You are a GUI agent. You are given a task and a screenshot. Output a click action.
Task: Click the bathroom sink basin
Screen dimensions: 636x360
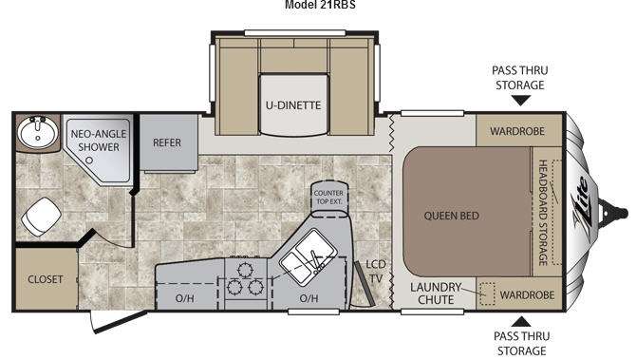pos(37,132)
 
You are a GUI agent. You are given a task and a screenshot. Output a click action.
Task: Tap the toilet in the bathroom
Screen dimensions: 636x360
pos(41,217)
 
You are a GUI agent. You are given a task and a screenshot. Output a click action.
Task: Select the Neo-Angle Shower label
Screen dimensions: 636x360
pos(99,141)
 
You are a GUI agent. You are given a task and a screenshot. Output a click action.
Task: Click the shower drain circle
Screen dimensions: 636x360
pos(89,161)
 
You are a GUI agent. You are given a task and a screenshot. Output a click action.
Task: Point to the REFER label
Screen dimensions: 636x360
pos(167,142)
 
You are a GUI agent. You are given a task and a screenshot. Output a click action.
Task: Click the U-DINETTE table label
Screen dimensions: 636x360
pos(293,105)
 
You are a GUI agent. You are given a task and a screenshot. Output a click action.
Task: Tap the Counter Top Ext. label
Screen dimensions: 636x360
pos(328,198)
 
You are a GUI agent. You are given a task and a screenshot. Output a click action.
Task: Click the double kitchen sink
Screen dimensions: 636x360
pos(309,256)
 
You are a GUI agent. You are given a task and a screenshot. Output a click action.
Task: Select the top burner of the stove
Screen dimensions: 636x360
pos(245,270)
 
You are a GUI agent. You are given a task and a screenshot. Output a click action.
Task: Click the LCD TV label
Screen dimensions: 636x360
pos(376,272)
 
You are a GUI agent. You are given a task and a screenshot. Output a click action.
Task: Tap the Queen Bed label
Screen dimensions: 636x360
pos(452,216)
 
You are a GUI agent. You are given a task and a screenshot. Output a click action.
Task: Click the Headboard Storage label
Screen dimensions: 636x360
pos(543,213)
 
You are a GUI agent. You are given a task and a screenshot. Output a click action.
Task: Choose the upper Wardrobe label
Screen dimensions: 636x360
pos(517,131)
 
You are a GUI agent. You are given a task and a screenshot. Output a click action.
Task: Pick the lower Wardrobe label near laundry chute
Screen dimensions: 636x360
pos(527,295)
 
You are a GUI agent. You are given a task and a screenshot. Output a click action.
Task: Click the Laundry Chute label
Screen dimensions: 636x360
pos(436,294)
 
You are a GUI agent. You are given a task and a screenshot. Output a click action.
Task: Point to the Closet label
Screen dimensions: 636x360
pos(46,279)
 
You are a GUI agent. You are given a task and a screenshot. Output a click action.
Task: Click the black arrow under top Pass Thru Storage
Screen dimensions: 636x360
pos(521,101)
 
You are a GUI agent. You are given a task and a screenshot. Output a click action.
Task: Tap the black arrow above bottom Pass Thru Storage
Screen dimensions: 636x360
pos(521,322)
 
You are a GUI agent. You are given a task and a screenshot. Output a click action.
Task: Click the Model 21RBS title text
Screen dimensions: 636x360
pos(320,5)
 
